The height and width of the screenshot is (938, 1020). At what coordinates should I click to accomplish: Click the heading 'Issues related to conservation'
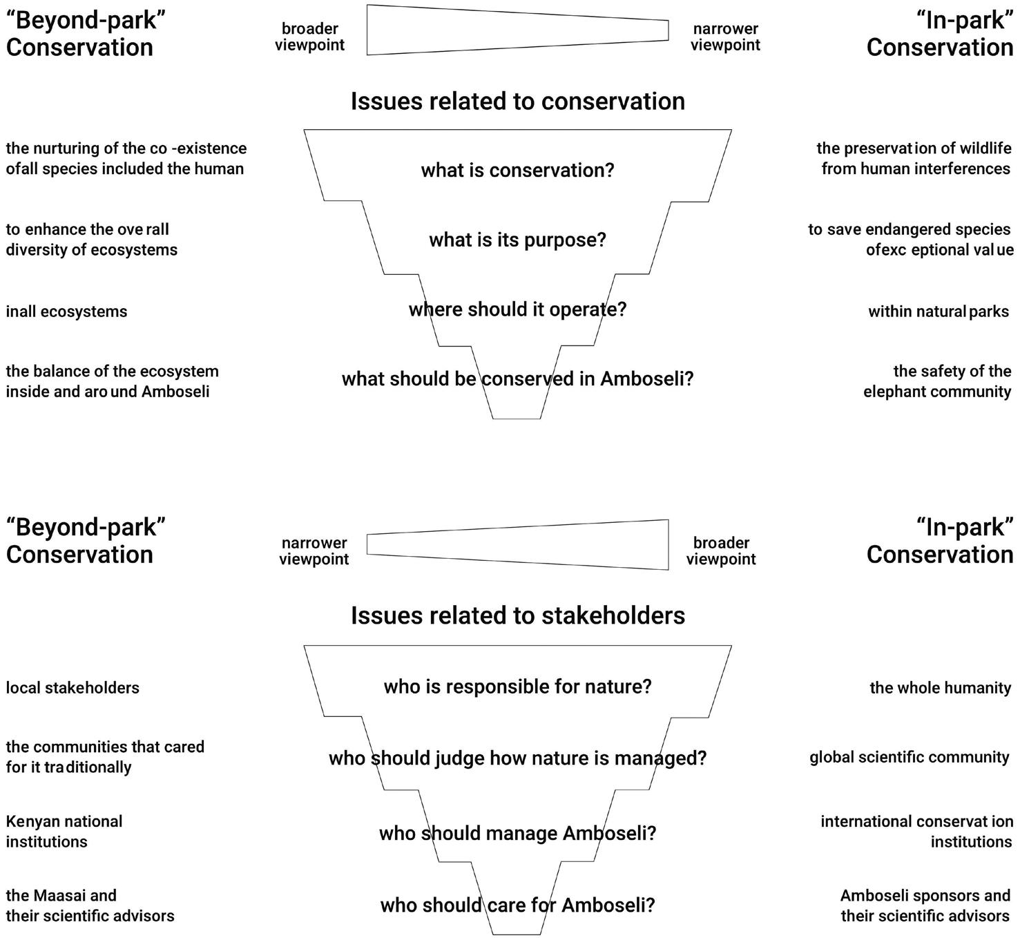tap(517, 102)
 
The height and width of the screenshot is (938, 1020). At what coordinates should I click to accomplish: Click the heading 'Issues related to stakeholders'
tap(517, 615)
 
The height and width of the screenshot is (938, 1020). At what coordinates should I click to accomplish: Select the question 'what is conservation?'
tap(517, 170)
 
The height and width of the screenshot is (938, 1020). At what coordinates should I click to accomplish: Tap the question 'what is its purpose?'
tap(517, 240)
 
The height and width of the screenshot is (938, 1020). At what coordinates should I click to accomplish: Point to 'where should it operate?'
tap(517, 309)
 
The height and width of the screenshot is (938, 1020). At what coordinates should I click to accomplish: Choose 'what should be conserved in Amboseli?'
tap(517, 379)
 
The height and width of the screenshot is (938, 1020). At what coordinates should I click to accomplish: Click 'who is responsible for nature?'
tap(517, 687)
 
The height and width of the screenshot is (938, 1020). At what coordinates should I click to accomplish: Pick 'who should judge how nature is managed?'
tap(517, 758)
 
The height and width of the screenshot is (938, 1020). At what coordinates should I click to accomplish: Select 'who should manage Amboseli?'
tap(517, 833)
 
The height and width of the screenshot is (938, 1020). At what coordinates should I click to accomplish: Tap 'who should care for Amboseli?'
tap(517, 905)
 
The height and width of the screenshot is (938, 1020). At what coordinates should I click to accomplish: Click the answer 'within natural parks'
tap(939, 312)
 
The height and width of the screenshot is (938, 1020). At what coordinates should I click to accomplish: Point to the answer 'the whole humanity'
tap(940, 688)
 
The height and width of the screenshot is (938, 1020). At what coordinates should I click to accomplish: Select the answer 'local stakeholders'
tap(73, 688)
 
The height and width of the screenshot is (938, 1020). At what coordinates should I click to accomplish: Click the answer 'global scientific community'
tap(910, 758)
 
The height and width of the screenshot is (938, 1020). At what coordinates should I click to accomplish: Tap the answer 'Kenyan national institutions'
tap(64, 832)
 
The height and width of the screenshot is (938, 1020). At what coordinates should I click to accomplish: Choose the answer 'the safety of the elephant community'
tap(937, 381)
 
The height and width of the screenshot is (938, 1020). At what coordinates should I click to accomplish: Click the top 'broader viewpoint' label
tap(309, 37)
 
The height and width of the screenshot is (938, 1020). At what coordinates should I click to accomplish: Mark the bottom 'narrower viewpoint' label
tap(314, 551)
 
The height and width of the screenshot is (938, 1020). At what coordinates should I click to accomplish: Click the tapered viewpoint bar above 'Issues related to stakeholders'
tap(517, 545)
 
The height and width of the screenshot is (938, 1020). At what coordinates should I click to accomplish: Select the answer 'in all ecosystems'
tap(66, 312)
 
